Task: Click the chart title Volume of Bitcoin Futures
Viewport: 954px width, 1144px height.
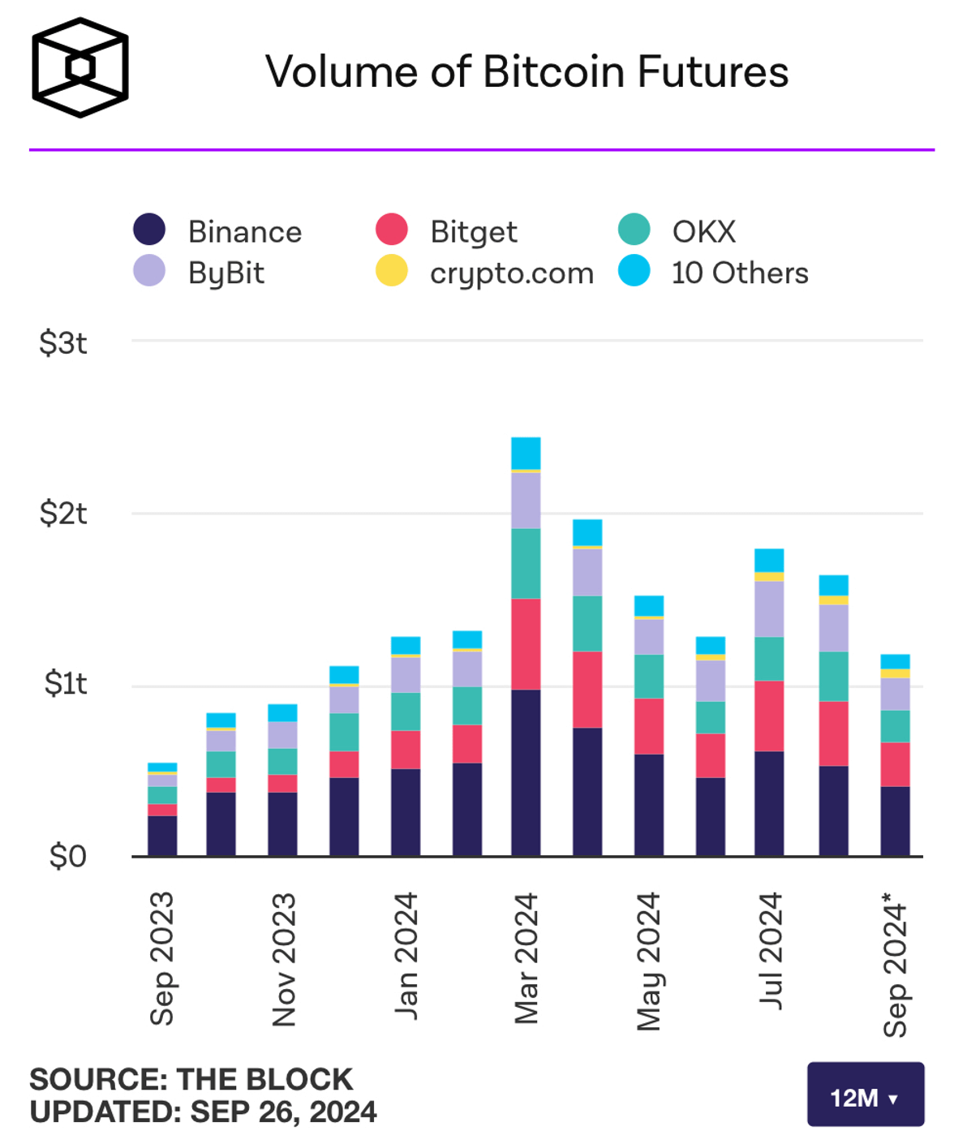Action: point(526,71)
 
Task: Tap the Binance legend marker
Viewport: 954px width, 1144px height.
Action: point(149,230)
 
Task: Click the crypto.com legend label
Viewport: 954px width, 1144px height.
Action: point(512,273)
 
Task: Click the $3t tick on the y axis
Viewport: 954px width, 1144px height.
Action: point(62,342)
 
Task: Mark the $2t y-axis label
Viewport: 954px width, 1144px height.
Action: point(62,514)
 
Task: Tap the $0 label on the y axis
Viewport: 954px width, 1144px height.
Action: point(67,856)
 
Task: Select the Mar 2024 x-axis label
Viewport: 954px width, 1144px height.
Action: point(526,958)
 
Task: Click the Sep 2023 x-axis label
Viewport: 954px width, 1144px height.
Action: point(162,958)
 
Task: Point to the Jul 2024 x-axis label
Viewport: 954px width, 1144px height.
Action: point(771,950)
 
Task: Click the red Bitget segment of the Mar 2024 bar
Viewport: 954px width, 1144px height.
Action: point(526,644)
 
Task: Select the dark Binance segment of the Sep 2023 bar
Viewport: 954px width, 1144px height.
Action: point(162,836)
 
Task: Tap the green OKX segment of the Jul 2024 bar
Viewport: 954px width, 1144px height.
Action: point(769,659)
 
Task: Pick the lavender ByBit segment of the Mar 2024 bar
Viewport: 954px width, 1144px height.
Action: point(526,501)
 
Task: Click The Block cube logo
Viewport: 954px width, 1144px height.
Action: point(80,67)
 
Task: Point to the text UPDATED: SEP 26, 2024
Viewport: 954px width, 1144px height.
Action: point(203,1112)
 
